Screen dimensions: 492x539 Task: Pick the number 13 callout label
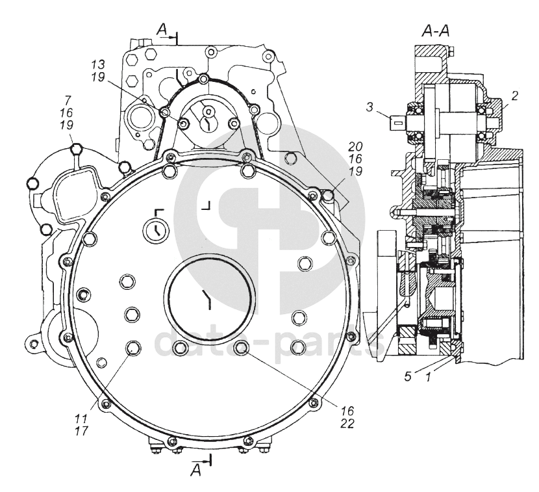[98, 66]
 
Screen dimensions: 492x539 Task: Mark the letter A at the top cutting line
[162, 29]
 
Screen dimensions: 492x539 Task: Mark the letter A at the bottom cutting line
[195, 471]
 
